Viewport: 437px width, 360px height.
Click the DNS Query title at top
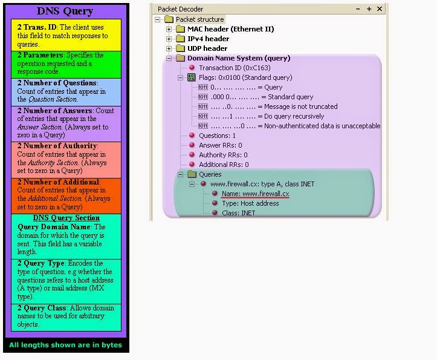pos(65,11)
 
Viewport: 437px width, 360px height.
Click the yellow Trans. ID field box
pos(65,35)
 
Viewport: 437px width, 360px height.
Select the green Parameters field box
pos(65,64)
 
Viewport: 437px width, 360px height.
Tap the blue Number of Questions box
pos(65,91)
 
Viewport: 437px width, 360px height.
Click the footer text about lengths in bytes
pos(65,345)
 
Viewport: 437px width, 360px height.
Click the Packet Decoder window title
pos(180,9)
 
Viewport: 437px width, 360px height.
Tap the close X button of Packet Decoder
pos(380,9)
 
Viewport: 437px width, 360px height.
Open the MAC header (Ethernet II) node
pos(230,29)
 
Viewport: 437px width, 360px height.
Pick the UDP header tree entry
pos(207,48)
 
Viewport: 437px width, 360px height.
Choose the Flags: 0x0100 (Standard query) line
pos(245,77)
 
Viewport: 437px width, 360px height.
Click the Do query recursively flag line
pos(267,116)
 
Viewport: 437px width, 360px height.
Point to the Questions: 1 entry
pos(217,136)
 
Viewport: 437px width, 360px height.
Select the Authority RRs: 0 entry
pos(224,155)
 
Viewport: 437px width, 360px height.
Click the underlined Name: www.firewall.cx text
pos(255,194)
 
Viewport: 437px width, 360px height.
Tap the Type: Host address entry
pos(250,203)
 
